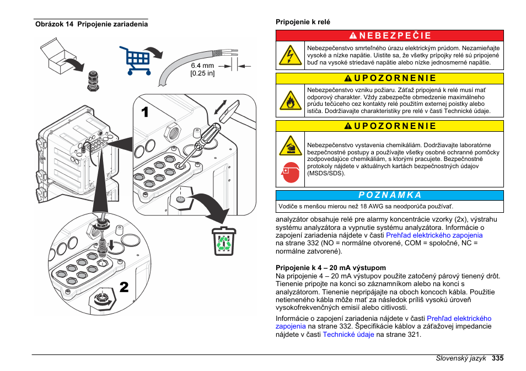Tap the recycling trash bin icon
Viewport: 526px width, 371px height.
223,241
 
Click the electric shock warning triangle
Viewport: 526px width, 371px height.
290,56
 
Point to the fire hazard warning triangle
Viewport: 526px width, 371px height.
290,100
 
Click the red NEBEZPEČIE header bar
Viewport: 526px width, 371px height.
389,36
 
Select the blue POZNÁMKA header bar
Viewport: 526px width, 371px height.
389,195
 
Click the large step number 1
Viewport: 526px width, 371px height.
144,113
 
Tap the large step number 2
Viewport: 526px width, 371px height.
124,287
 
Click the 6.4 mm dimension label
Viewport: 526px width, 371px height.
202,66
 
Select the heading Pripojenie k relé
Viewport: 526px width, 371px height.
303,22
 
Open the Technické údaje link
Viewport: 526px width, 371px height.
348,334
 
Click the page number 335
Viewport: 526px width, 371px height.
497,358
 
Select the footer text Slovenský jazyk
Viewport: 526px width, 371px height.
460,358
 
